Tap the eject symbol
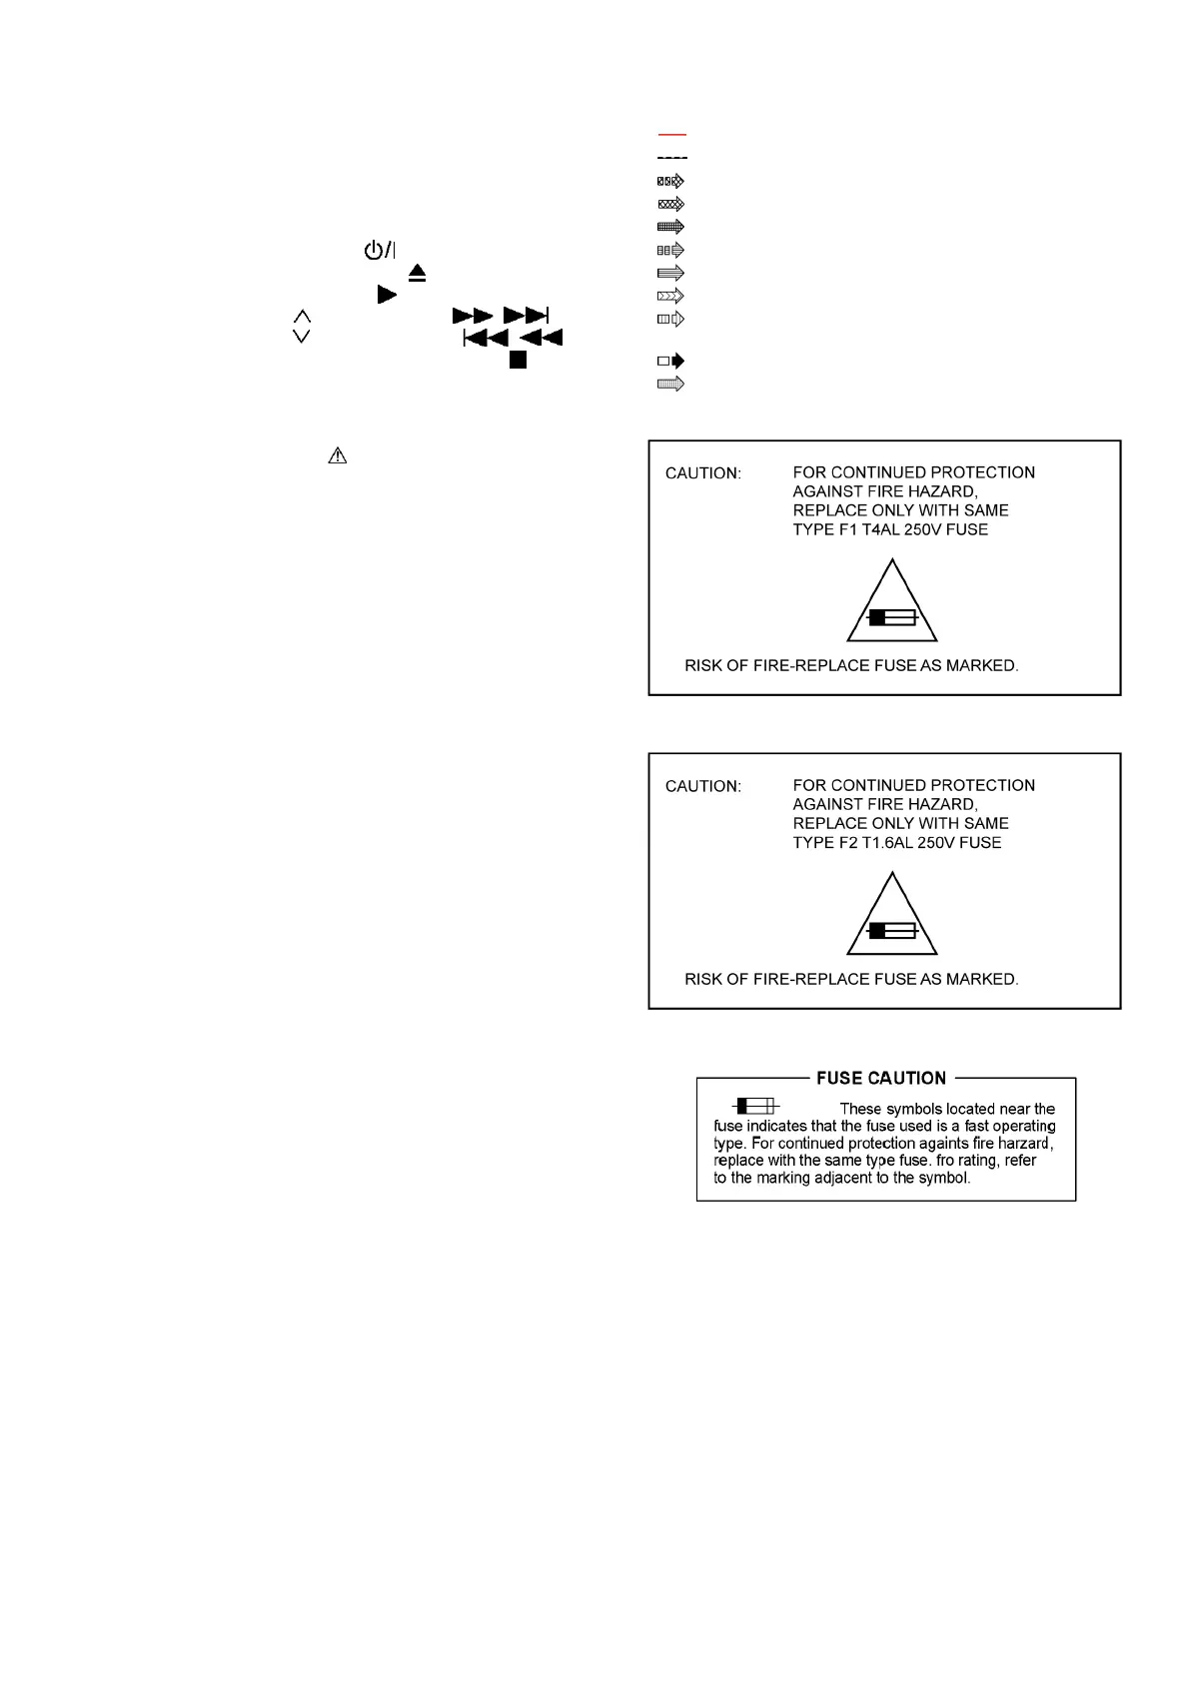pos(418,272)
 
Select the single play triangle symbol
pos(387,295)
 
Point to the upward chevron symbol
pos(301,316)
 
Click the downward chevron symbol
pos(301,337)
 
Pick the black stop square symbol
pos(518,361)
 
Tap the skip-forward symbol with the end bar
pos(527,316)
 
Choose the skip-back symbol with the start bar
pos(486,338)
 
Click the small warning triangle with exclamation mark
pos(338,455)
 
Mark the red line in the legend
pos(672,134)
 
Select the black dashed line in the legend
pos(672,158)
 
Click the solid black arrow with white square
pos(671,361)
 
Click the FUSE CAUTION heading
pos(881,1078)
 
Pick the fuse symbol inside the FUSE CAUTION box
pos(756,1106)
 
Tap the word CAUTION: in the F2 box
pos(703,786)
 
